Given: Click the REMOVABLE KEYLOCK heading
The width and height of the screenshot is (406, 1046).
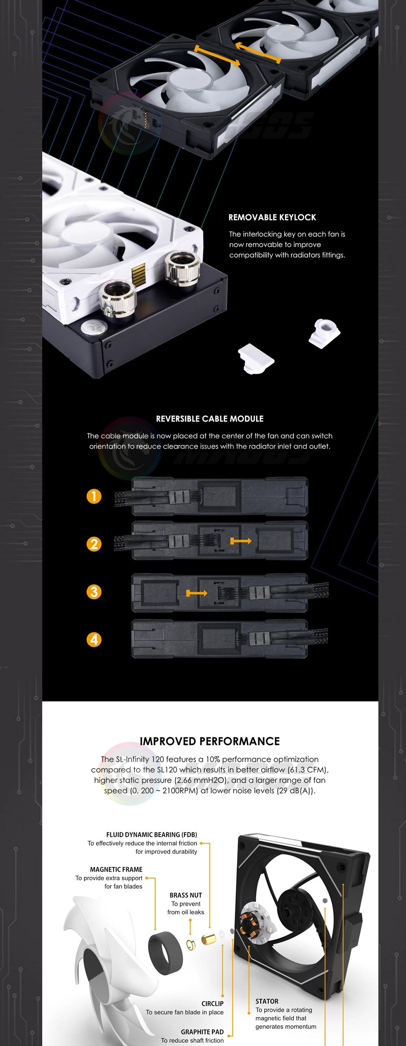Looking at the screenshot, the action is [272, 217].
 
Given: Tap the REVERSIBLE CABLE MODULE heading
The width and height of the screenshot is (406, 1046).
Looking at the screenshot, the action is [210, 419].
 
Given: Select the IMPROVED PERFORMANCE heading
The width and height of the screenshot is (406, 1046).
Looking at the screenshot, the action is [210, 741].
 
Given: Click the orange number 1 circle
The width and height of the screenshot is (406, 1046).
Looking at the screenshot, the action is [94, 496].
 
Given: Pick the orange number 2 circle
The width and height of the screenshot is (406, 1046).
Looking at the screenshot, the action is [94, 544].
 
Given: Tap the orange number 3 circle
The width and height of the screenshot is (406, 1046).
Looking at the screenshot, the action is [94, 592].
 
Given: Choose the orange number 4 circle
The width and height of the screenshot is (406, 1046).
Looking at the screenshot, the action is [94, 639].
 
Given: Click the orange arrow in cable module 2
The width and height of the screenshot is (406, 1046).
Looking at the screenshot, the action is [241, 541].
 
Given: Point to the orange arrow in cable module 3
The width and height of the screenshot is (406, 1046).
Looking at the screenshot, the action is [197, 594].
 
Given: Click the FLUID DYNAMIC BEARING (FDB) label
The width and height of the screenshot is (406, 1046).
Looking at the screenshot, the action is [151, 835].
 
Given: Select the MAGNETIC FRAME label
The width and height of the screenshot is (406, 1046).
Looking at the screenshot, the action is [116, 870].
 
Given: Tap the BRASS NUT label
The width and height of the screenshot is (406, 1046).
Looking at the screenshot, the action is [186, 895].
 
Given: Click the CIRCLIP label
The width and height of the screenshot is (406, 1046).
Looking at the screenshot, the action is [212, 1004].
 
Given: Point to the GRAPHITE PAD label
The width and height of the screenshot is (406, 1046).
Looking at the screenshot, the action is [202, 1032].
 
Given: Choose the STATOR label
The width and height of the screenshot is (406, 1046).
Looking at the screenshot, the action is [267, 1001].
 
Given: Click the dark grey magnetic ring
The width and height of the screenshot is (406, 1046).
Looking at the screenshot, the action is [165, 953].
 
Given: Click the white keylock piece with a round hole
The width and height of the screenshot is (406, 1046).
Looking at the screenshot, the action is [324, 333].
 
